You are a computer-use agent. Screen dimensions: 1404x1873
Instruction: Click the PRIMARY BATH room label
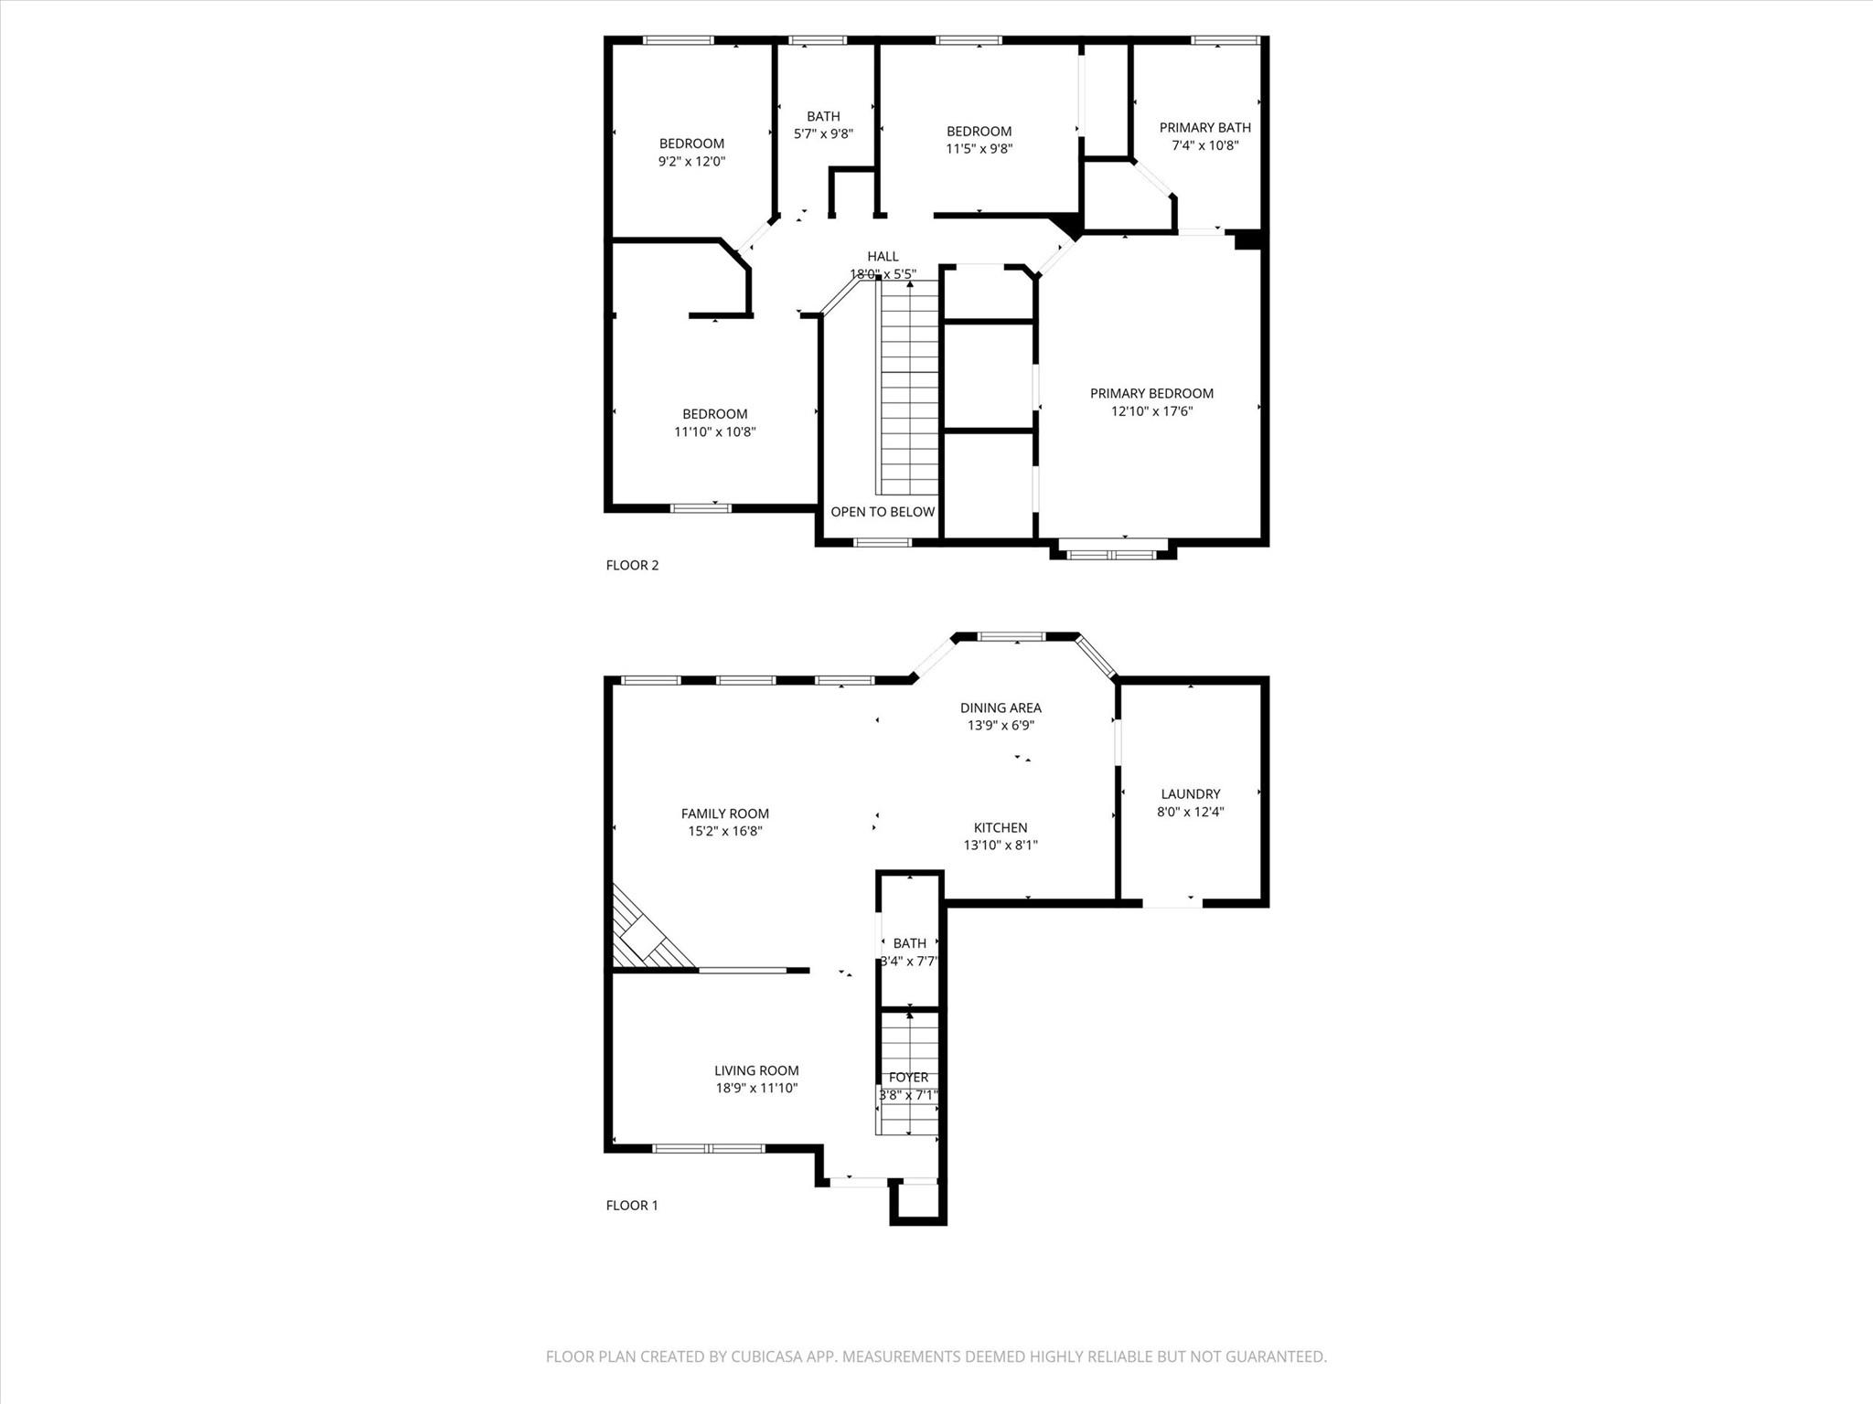[1204, 128]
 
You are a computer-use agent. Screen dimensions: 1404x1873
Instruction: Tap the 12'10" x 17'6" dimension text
[1151, 411]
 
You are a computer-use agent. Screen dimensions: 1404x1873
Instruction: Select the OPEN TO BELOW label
[883, 512]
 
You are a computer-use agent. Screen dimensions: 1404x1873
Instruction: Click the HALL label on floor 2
[883, 257]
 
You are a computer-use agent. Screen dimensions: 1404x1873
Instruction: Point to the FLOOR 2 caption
[632, 565]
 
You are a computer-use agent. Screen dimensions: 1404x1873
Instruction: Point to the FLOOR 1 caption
[632, 1206]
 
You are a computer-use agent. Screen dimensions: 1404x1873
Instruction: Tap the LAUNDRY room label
[1190, 794]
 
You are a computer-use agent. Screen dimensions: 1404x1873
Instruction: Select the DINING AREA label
[1001, 707]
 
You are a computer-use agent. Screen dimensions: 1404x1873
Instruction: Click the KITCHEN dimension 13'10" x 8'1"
[1001, 846]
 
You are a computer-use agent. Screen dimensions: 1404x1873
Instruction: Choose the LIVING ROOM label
[756, 1070]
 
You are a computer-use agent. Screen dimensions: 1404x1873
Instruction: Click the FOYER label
[908, 1078]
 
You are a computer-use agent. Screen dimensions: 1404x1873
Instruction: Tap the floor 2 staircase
[909, 388]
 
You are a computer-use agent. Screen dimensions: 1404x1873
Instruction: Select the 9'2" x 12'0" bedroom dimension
[691, 162]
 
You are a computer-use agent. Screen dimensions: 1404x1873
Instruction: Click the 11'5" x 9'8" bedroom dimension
[979, 149]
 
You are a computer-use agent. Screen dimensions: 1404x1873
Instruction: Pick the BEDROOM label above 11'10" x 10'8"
[714, 414]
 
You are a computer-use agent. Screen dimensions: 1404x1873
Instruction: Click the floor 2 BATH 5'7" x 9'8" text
[823, 133]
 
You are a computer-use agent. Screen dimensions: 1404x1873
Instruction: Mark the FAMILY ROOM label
[724, 814]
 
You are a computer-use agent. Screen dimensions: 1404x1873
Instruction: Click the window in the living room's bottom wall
[708, 1148]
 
